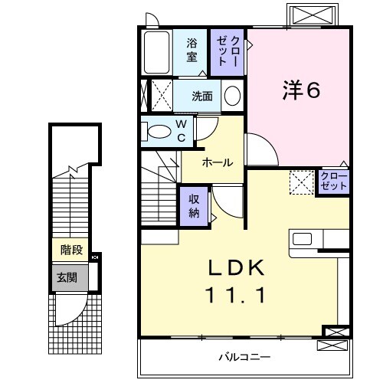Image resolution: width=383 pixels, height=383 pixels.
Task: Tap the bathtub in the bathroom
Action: tap(157, 52)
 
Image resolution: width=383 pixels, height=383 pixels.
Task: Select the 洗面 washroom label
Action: tap(202, 97)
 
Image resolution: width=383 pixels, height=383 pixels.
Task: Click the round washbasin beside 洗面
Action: tap(233, 97)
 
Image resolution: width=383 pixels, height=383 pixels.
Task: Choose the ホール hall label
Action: tap(218, 163)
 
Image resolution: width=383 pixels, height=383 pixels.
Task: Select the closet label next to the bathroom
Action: tap(228, 51)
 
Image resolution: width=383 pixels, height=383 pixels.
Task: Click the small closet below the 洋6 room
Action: tap(333, 182)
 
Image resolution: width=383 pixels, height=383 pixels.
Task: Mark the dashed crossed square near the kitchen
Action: tap(301, 182)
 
